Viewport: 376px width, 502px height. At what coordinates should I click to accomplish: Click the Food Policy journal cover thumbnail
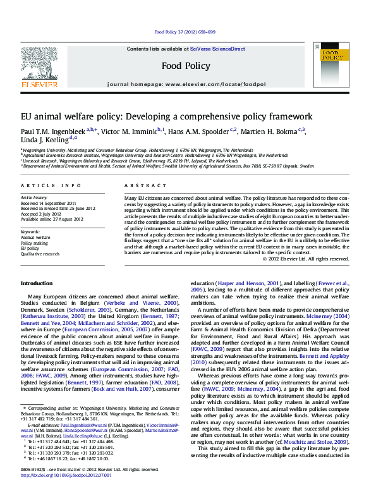pyautogui.click(x=335, y=65)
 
